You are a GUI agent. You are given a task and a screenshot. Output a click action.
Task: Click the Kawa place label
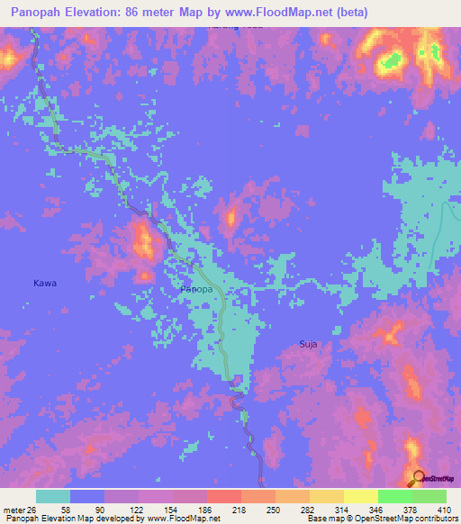click(x=45, y=283)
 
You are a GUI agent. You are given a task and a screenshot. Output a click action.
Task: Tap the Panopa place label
click(x=196, y=290)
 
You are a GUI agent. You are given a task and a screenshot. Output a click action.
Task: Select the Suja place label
click(x=309, y=343)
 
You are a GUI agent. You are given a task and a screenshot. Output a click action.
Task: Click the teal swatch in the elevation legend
click(x=53, y=496)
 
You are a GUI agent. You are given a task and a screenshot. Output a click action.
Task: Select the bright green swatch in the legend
click(x=394, y=496)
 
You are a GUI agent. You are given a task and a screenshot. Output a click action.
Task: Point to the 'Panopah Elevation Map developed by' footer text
click(x=63, y=519)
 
